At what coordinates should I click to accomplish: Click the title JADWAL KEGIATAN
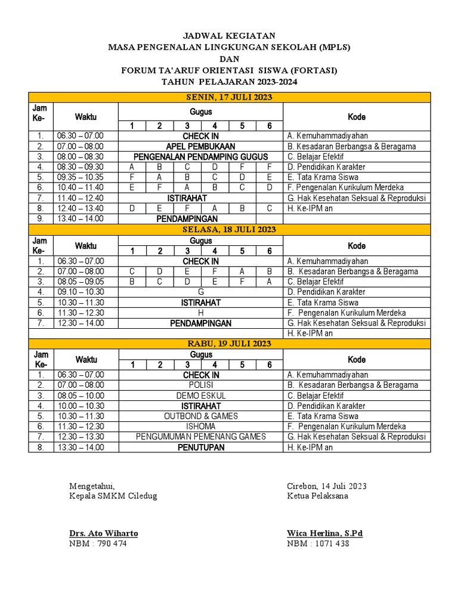230,36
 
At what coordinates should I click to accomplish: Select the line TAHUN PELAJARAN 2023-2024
230,82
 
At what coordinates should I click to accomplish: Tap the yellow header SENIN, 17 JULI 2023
230,97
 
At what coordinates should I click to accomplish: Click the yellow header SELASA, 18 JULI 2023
230,229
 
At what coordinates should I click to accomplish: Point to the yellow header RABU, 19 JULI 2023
230,343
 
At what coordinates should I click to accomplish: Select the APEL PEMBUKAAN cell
200,146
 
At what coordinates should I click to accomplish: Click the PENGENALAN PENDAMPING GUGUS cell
200,156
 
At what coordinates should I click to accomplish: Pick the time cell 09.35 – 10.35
80,177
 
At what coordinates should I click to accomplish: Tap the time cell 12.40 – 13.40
80,208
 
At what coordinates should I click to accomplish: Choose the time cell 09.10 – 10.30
80,292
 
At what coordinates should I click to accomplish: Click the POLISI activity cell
200,385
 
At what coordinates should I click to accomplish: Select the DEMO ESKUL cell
200,395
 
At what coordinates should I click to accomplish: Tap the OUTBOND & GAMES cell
200,416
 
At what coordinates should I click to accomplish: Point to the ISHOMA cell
200,426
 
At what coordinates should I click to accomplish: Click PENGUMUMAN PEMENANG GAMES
200,437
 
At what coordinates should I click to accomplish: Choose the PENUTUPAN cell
200,447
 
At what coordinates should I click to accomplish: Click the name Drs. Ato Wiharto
104,533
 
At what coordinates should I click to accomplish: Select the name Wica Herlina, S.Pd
324,533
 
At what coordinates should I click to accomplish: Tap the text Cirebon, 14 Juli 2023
327,486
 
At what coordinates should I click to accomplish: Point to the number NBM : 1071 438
318,544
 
